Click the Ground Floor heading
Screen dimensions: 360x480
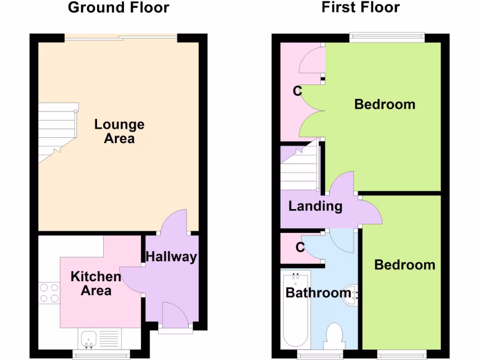pos(119,7)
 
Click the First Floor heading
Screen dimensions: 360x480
pos(360,7)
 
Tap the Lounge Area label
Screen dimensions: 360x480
pos(119,131)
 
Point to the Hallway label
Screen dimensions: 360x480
pos(171,257)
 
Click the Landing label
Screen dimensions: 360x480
pos(315,206)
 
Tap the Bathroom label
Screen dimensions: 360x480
pos(318,293)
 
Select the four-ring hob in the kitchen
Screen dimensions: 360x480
pos(49,293)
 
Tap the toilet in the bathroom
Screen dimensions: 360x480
pos(334,337)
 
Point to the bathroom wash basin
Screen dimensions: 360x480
pos(351,294)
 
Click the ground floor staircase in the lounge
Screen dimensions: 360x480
pos(56,132)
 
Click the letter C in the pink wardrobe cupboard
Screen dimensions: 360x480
pos(297,91)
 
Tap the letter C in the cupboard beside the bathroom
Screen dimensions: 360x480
pos(300,247)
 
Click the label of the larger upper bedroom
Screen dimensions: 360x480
pos(384,104)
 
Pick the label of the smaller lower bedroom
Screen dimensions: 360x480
pos(405,265)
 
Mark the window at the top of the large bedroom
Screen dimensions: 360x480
pos(387,36)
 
